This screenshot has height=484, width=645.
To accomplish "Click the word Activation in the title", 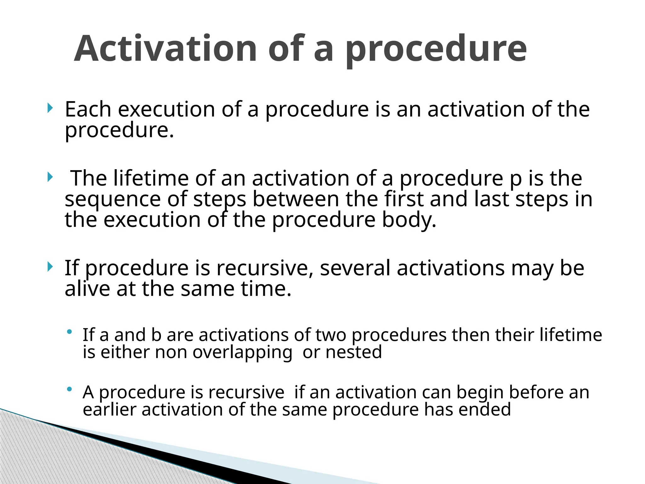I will coord(166,49).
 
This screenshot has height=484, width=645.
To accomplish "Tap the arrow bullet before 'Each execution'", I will coord(49,108).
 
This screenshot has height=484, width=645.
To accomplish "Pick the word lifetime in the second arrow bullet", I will coord(151,178).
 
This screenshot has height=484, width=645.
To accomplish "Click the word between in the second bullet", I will coord(296,200).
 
